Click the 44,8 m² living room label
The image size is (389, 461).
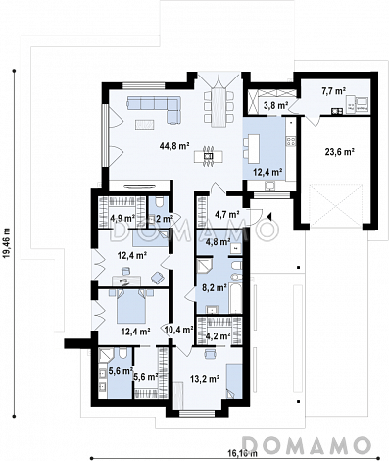click(x=174, y=146)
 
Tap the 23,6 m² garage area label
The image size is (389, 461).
click(x=340, y=152)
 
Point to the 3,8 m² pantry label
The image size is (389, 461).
click(x=275, y=105)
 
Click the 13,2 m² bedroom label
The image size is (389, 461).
click(x=205, y=379)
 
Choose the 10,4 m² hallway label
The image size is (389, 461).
click(x=179, y=330)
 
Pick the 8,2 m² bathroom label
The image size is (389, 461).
click(x=215, y=288)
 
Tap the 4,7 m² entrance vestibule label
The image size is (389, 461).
click(x=226, y=215)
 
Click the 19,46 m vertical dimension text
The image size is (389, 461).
click(x=8, y=243)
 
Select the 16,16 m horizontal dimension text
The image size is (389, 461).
click(x=242, y=453)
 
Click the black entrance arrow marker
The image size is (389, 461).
click(x=269, y=216)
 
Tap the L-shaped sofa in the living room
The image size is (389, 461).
click(x=154, y=109)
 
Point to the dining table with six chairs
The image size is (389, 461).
click(x=219, y=106)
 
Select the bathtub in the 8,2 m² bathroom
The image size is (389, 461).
click(x=236, y=298)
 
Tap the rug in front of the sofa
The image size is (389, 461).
click(x=145, y=125)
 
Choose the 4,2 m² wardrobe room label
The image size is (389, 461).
click(x=219, y=335)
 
